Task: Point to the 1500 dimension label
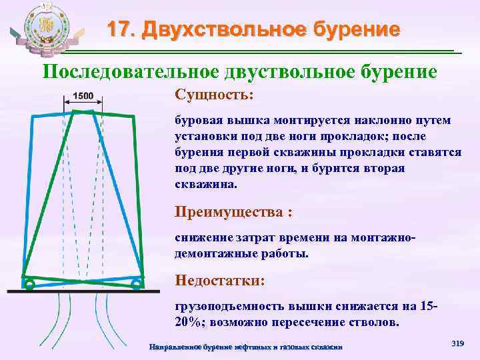click(x=83, y=95)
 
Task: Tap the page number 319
click(x=457, y=343)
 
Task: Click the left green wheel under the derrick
click(x=29, y=285)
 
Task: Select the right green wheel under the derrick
click(x=136, y=285)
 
